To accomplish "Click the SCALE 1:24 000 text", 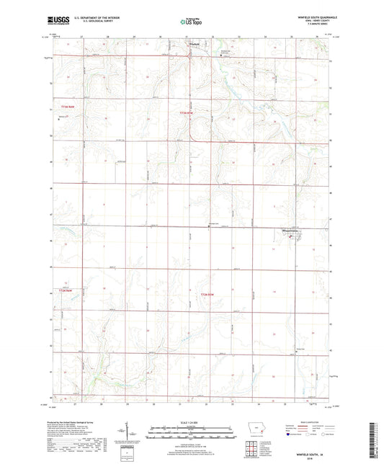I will click(x=192, y=421).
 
